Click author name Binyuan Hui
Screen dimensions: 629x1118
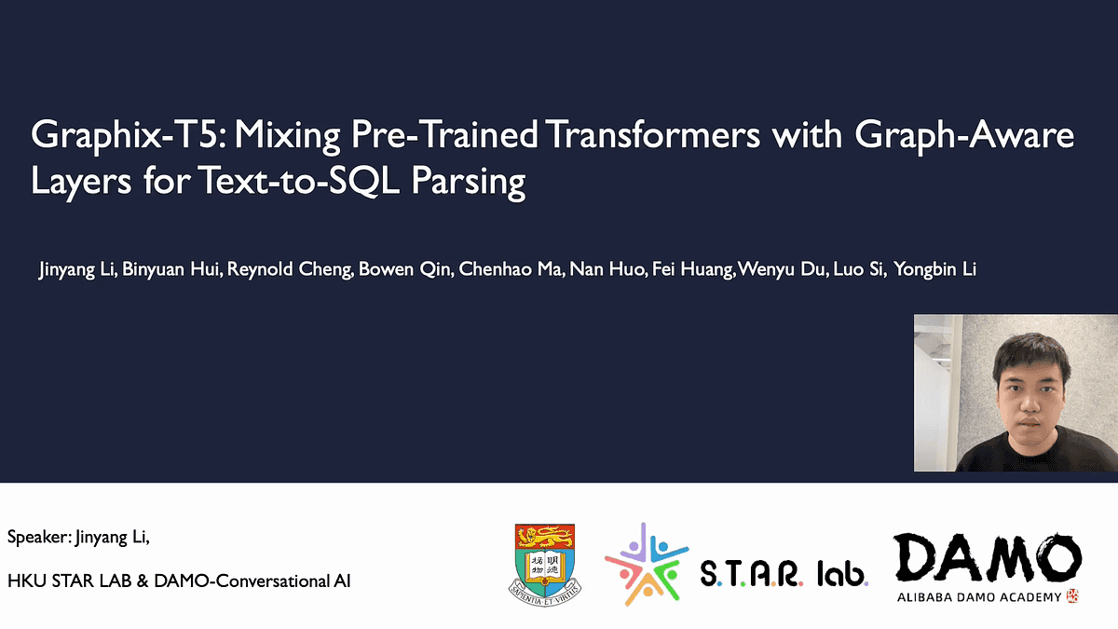pos(164,270)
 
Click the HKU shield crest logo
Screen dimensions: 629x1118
pos(547,560)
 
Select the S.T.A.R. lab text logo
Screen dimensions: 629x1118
pos(784,571)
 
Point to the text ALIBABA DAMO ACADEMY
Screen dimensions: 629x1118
pos(978,596)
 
